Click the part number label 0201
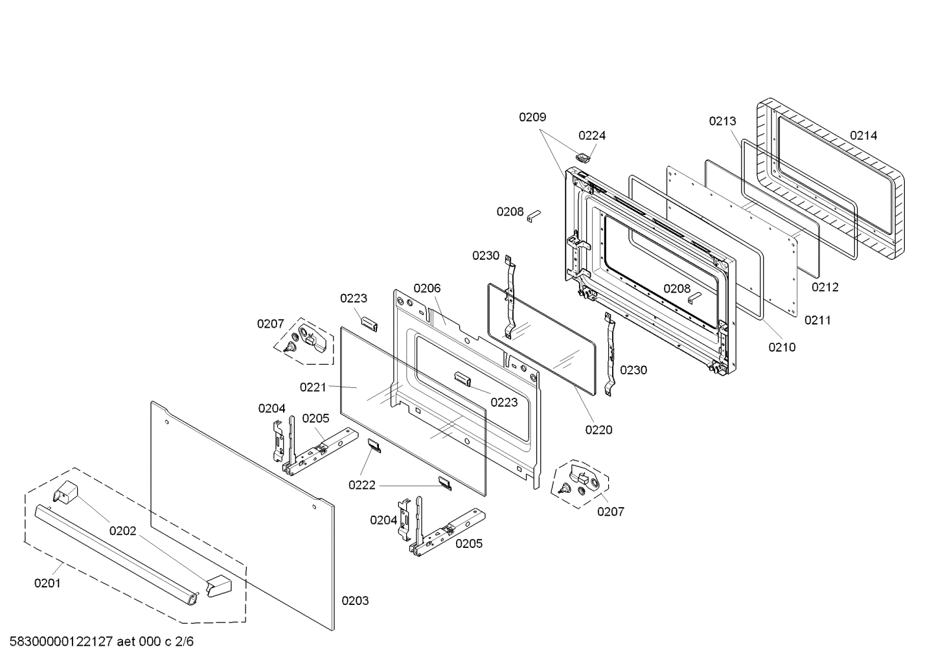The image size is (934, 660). pos(47,583)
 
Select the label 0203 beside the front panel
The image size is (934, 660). pos(355,600)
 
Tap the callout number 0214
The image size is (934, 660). pos(863,135)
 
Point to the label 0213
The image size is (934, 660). pos(722,120)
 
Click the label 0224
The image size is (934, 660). pos(592,135)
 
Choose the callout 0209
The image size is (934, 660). pos(532,117)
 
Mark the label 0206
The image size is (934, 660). pos(427,288)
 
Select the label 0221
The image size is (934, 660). pos(313,387)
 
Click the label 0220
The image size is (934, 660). pos(598,429)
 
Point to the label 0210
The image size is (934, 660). pos(782,347)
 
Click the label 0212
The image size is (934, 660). pos(825,287)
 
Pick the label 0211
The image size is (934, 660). pos(817,319)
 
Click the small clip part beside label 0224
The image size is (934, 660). pos(584,155)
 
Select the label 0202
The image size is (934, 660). pos(122,531)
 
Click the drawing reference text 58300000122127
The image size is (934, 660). pos(58,642)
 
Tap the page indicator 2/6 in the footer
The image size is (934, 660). pos(184,642)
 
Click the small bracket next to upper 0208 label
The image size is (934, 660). pos(534,216)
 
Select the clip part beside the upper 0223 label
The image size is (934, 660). pos(368,322)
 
